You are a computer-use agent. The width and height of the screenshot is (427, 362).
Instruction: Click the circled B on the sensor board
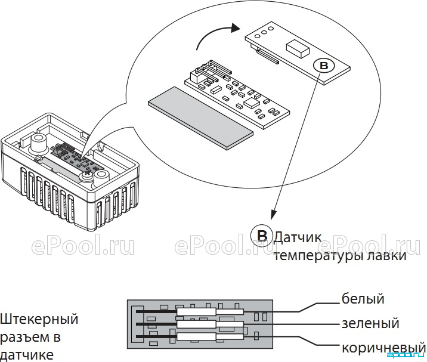[324, 66]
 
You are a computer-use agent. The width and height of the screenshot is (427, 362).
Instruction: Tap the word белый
[363, 299]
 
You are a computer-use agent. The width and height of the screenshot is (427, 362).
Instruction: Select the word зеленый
[370, 323]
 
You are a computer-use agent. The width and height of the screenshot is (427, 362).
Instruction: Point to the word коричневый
[383, 348]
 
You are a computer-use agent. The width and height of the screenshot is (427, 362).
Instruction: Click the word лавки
[386, 255]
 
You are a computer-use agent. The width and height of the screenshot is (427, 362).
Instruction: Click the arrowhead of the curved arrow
[234, 28]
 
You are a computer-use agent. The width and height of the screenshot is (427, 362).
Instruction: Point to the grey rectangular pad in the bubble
[201, 118]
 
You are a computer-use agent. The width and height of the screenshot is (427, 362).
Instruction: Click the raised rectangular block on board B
[298, 48]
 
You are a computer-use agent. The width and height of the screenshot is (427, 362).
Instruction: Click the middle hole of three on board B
[264, 32]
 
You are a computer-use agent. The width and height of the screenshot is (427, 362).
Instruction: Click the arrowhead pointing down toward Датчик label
[273, 215]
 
